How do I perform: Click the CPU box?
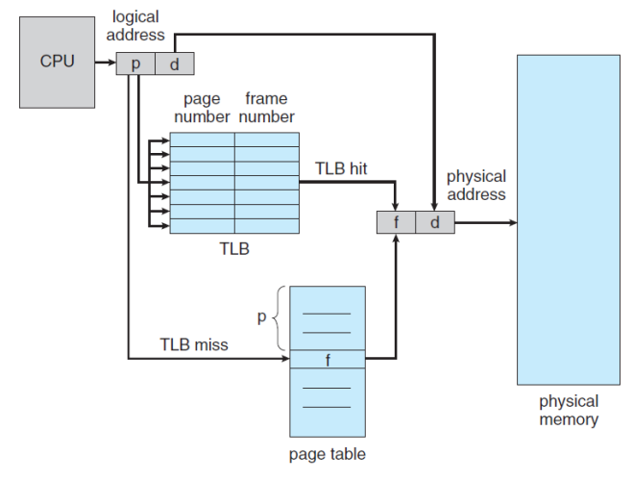click(58, 63)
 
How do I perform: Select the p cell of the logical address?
click(135, 63)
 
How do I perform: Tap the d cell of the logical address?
click(175, 63)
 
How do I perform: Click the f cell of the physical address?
click(396, 222)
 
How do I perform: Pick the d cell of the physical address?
click(435, 222)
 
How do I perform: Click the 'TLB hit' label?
click(341, 168)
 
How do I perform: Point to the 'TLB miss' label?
click(194, 344)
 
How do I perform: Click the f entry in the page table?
click(328, 359)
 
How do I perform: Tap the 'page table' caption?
click(328, 454)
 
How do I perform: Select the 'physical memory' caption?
click(569, 410)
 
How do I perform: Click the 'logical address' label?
click(135, 26)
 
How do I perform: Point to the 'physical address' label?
click(476, 186)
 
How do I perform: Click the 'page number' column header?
click(202, 108)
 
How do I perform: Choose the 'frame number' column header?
click(266, 108)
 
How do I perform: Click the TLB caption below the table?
click(234, 248)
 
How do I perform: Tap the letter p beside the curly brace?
click(262, 317)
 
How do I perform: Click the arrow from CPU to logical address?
click(106, 63)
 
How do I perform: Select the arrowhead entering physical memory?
click(513, 222)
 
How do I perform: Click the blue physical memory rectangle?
click(569, 220)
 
